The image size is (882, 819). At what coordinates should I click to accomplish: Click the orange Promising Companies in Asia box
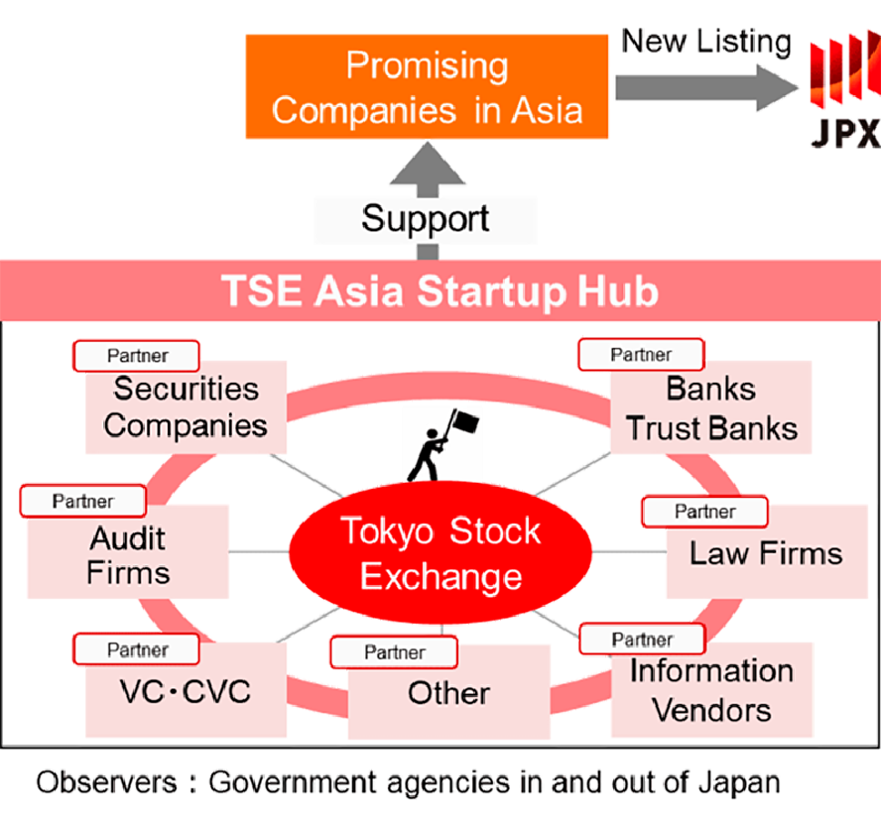[x=427, y=86]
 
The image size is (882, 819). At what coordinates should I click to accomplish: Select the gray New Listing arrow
[x=707, y=87]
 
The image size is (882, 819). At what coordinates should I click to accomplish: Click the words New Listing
[x=706, y=42]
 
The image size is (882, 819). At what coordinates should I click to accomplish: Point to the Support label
[x=426, y=219]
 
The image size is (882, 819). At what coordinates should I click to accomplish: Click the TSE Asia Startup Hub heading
[x=440, y=291]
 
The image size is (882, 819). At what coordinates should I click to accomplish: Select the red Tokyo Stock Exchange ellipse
[x=441, y=552]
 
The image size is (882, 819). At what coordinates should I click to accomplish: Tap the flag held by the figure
[x=465, y=421]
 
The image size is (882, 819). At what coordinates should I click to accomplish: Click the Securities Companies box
[x=186, y=408]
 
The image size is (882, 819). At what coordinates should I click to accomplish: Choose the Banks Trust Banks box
[x=711, y=408]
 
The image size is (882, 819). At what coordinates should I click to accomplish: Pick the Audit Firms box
[x=128, y=551]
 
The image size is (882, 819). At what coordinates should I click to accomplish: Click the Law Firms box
[x=767, y=551]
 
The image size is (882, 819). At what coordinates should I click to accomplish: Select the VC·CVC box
[x=186, y=690]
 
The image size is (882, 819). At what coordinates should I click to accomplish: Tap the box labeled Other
[x=448, y=692]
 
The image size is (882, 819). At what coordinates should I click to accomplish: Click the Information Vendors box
[x=711, y=690]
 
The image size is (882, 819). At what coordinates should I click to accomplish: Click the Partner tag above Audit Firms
[x=83, y=501]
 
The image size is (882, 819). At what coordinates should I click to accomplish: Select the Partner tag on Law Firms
[x=704, y=512]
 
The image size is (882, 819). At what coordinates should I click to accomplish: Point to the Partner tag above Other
[x=394, y=652]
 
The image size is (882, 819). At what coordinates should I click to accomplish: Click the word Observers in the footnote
[x=107, y=782]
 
